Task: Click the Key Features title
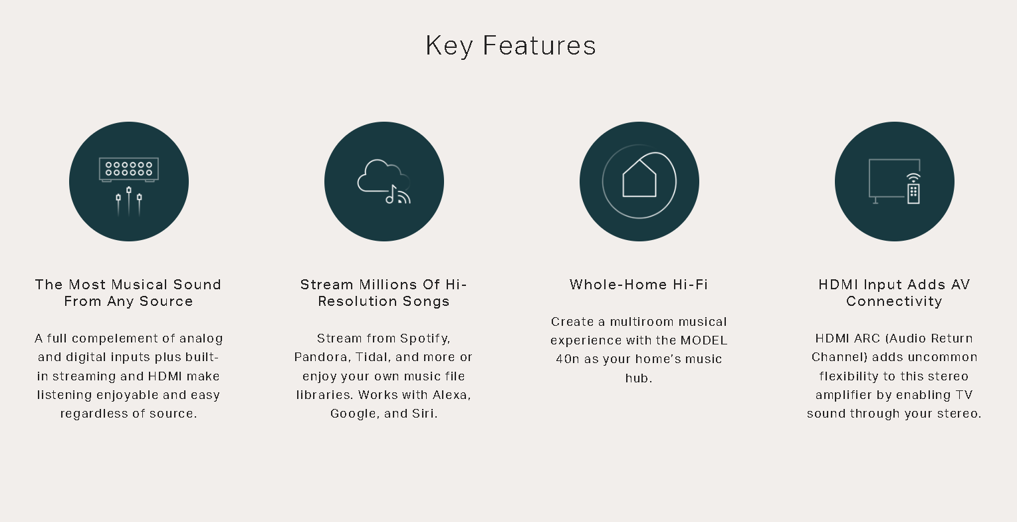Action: click(510, 46)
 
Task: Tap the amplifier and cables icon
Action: click(129, 186)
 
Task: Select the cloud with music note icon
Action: click(384, 182)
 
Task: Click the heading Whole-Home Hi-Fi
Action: click(639, 285)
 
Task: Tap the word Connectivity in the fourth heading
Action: click(894, 301)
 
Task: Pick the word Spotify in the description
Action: click(425, 338)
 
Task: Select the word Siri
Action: click(425, 414)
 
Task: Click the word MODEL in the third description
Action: click(704, 340)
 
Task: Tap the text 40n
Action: click(568, 359)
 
